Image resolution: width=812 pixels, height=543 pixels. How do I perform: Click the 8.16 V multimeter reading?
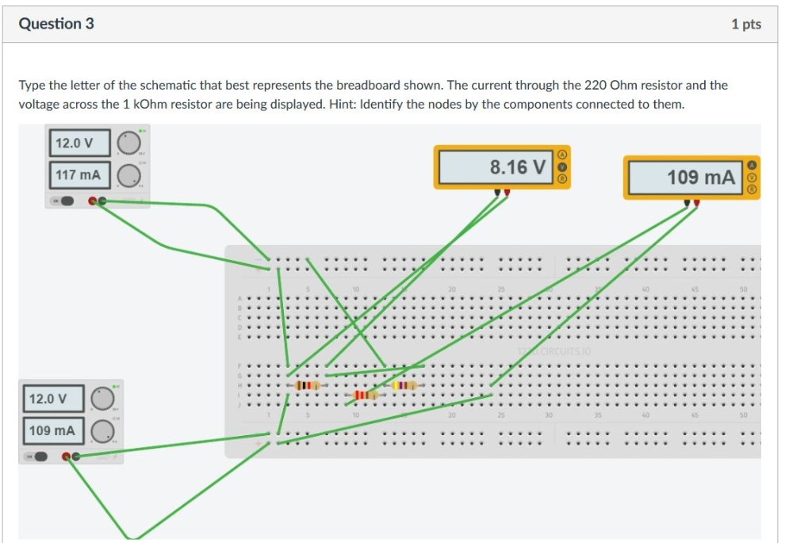[x=517, y=167]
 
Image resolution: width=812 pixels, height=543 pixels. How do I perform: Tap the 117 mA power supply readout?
[x=79, y=174]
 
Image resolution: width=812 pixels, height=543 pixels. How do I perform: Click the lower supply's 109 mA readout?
[x=52, y=430]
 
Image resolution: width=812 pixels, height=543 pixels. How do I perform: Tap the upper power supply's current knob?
[x=128, y=174]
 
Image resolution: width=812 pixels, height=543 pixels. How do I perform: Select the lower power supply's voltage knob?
[x=101, y=398]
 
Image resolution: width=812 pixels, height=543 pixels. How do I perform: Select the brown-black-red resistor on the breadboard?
[x=306, y=385]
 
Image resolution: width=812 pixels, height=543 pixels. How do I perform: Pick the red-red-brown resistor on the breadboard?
[x=364, y=394]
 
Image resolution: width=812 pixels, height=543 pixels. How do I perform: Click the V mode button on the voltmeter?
[x=563, y=167]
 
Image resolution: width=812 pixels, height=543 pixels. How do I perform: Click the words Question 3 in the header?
[x=56, y=24]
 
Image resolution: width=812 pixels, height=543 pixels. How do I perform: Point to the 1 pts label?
[x=745, y=25]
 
